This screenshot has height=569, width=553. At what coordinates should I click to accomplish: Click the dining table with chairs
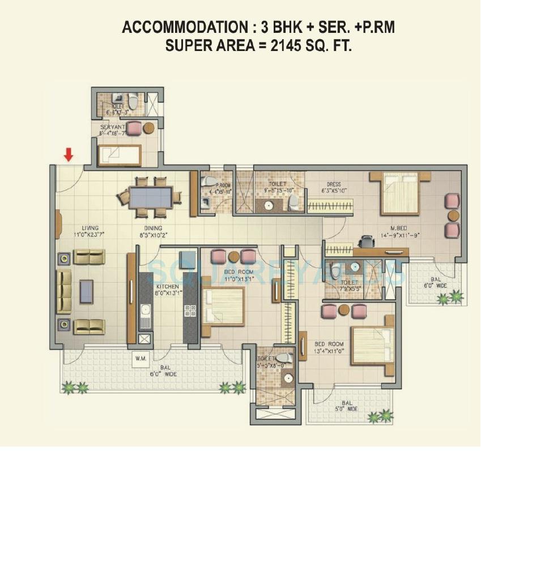tap(150, 197)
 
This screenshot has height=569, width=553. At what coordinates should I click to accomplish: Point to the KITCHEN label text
tap(167, 287)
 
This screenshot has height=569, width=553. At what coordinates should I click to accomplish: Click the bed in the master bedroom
tap(400, 193)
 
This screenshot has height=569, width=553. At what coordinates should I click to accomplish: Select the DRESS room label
tap(333, 184)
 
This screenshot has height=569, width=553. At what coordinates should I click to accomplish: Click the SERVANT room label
tap(112, 127)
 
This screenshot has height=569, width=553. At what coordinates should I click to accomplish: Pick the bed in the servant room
tap(120, 154)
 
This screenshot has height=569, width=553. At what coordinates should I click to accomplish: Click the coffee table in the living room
tap(86, 291)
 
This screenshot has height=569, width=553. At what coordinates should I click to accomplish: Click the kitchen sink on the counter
tap(144, 312)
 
